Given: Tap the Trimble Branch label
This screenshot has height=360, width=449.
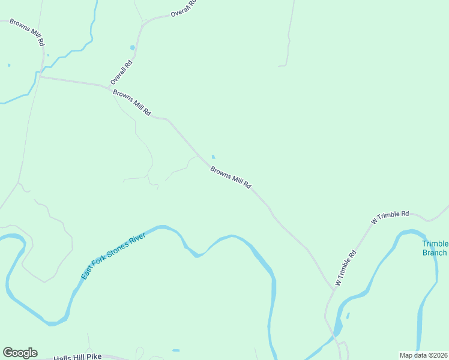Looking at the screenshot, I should (x=435, y=248).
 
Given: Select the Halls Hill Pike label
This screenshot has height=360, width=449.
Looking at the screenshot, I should (x=77, y=357).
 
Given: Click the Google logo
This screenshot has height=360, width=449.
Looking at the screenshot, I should (x=20, y=353).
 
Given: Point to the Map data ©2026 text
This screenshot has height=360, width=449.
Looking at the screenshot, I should (x=423, y=355).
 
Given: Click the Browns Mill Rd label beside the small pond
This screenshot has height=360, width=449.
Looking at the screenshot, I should (x=231, y=178).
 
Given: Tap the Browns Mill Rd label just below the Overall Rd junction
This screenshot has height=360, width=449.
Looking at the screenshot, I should (x=132, y=103).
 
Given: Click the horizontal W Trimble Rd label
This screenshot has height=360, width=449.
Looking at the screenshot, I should (x=390, y=217).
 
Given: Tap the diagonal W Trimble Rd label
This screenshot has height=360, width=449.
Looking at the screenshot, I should (x=346, y=268).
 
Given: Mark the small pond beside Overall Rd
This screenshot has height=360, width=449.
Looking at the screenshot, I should (x=133, y=47).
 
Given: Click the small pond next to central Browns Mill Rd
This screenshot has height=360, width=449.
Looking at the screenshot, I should (x=213, y=157).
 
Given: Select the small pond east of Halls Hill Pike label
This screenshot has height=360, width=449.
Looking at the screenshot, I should (x=175, y=350).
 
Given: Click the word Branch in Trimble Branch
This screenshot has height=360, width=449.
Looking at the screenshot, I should (x=435, y=253).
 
